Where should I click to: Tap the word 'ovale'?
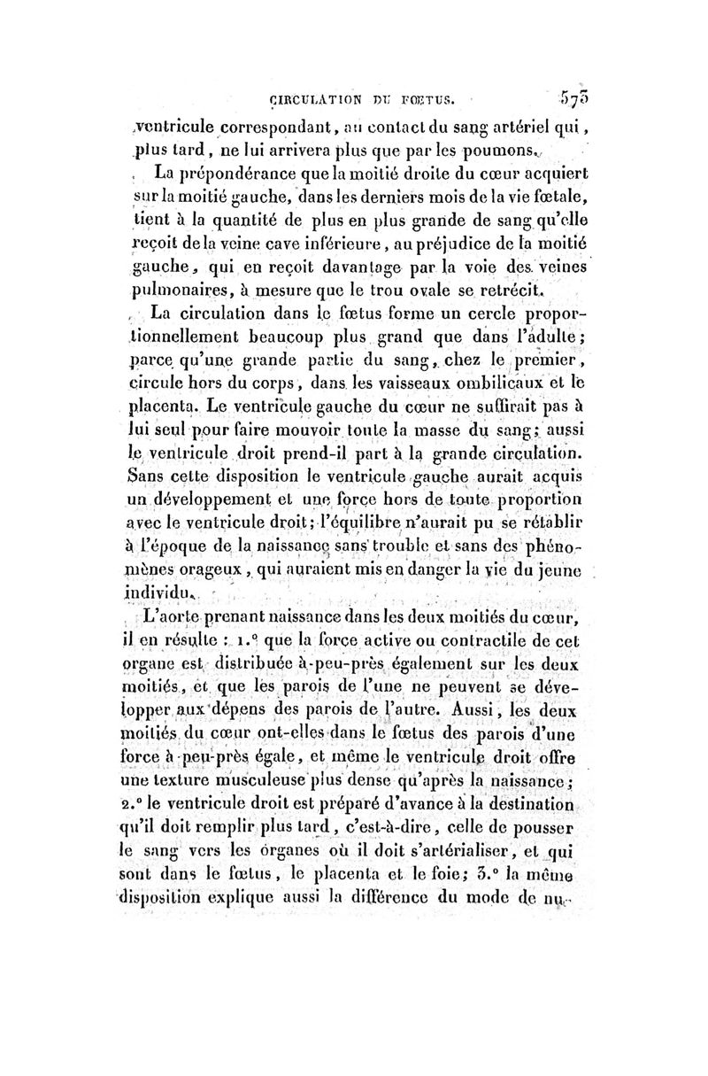pyautogui.click(x=414, y=288)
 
